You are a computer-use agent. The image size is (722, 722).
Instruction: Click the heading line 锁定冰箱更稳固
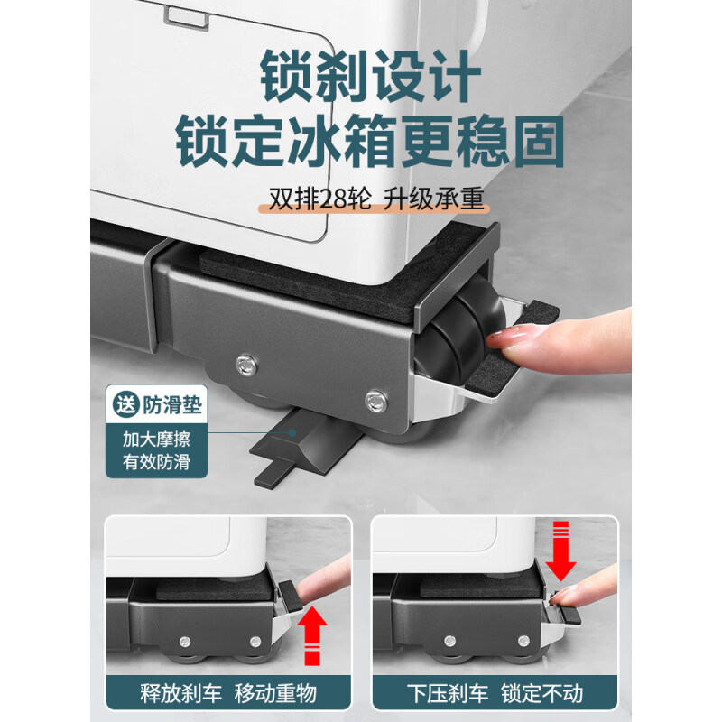click(x=370, y=142)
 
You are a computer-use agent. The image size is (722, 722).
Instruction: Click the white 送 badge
click(x=125, y=403)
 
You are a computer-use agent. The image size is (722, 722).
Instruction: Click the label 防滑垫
click(x=173, y=403)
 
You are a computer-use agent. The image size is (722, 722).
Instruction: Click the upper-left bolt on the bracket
click(x=243, y=364)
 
